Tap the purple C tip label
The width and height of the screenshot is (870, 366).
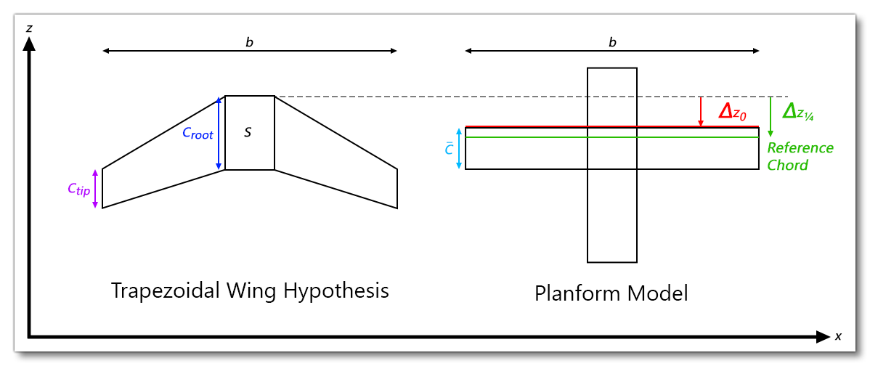pos(78,189)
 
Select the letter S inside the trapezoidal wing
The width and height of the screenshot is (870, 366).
pos(248,132)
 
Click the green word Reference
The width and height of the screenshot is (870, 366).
pos(800,148)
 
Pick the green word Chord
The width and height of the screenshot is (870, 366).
pos(788,165)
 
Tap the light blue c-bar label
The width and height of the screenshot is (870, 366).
pos(449,149)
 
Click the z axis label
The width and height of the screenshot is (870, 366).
pos(28,28)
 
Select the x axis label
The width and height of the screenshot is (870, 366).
pos(838,337)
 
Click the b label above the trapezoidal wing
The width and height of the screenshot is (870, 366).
pos(249,43)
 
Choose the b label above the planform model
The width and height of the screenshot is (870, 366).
pos(612,43)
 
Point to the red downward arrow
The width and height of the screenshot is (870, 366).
pos(700,112)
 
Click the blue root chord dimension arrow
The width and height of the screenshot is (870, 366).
pos(219,134)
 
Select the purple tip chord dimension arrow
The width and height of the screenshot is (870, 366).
pos(95,189)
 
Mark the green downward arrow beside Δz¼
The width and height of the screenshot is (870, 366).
pos(770,117)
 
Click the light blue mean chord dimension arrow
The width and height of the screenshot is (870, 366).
pos(459,149)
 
